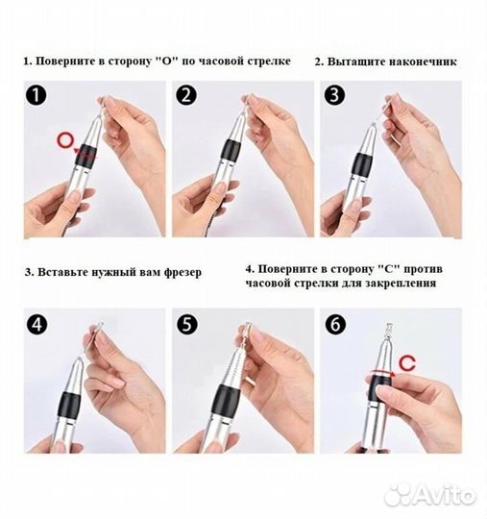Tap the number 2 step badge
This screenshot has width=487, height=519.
pos(186,95)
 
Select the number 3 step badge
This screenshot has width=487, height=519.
pos(335,96)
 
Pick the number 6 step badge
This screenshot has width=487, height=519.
pos(335,323)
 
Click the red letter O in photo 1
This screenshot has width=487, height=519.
pos(64,140)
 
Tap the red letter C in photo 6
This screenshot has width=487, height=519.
pos(410,362)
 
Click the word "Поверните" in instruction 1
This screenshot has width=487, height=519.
pos(66,61)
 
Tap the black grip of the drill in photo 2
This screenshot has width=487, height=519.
pos(230,148)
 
